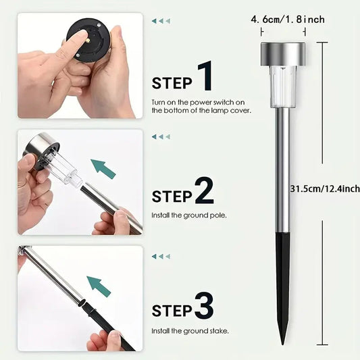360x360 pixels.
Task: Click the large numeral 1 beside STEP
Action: tap(206, 76)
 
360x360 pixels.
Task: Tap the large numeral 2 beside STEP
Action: tap(205, 190)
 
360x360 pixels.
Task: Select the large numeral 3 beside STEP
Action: tap(205, 305)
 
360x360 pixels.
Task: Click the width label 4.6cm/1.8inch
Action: tap(288, 20)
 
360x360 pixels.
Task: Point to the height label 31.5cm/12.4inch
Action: tap(325, 188)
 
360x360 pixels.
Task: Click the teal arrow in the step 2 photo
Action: tap(103, 169)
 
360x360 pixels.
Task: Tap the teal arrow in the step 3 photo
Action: tap(99, 286)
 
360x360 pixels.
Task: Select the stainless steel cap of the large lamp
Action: tap(283, 54)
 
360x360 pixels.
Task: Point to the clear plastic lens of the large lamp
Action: tap(283, 86)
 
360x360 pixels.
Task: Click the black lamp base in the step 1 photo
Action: tap(88, 41)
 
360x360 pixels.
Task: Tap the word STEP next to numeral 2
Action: tap(172, 197)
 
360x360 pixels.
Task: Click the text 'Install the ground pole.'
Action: tap(189, 215)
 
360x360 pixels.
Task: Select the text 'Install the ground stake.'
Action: tap(190, 331)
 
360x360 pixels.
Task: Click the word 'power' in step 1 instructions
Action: tap(201, 103)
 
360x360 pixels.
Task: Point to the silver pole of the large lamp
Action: tap(282, 170)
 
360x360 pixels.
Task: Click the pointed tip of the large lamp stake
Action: tap(282, 344)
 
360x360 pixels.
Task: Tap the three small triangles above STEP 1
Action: tap(161, 21)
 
